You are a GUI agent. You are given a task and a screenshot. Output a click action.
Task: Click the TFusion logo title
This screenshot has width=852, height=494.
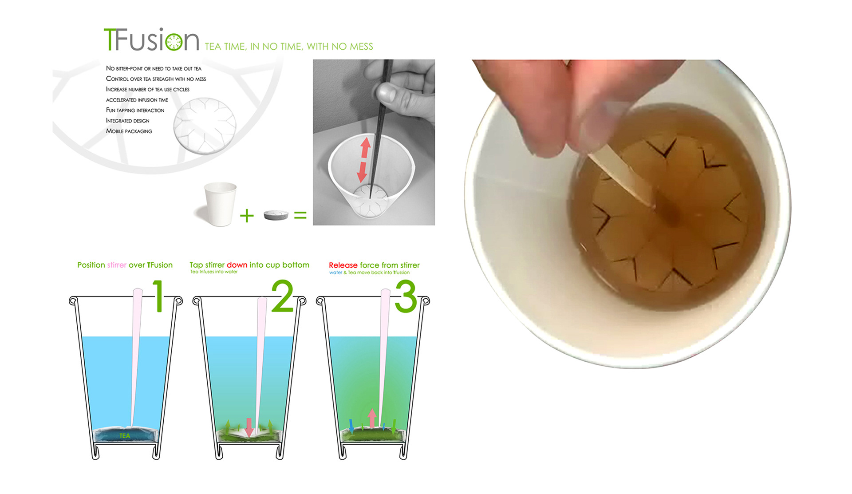pos(151,40)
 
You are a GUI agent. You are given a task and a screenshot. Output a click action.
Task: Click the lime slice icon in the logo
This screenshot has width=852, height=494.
pos(174,41)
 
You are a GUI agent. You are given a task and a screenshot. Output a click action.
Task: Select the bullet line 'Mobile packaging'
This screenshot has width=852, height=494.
pos(129,131)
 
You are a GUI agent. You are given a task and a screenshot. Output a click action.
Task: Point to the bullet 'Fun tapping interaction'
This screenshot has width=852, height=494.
pos(135,110)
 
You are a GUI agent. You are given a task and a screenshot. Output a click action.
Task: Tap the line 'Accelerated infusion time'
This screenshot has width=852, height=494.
pos(137,100)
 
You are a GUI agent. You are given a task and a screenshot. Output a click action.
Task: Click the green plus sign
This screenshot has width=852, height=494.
pos(247,216)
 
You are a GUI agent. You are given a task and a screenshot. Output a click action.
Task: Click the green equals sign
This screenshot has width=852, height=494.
pos(300,216)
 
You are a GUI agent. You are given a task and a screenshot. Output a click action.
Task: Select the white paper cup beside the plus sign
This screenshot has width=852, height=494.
pos(220,204)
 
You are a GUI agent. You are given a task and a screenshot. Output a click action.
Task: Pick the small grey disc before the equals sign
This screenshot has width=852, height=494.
pos(276,215)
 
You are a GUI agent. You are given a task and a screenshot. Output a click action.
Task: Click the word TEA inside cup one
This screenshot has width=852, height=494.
pos(125,436)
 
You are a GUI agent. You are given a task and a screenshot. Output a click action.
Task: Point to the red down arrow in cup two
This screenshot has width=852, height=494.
pos(249,427)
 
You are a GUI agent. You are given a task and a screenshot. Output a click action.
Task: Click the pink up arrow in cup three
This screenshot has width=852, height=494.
pos(372,418)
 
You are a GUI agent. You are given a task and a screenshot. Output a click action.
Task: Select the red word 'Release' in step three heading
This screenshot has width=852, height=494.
pos(343,265)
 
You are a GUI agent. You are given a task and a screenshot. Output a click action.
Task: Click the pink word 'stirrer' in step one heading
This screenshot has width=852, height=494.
pos(117,265)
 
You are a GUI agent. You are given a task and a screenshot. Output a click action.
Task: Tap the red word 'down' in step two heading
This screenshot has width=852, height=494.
pos(237,265)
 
